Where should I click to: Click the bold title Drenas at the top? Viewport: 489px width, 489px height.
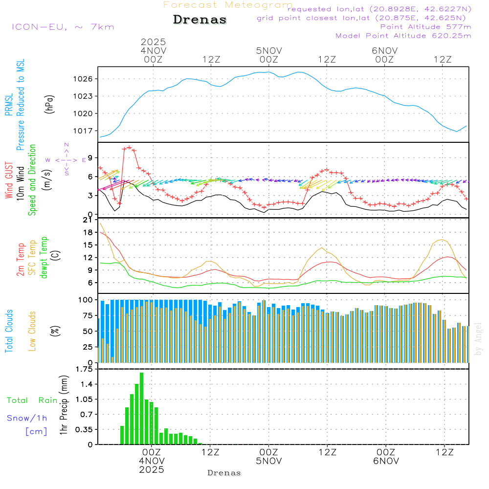tap(200, 20)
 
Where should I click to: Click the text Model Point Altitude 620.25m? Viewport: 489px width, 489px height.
tap(403, 36)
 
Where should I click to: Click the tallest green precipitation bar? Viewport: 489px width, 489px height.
tap(142, 408)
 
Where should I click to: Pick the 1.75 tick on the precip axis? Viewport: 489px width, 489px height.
tap(83, 369)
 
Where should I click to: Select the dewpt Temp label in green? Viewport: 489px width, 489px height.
tap(44, 258)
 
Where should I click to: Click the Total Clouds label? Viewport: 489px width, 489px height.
tap(8, 331)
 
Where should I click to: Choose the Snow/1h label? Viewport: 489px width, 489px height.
tap(27, 418)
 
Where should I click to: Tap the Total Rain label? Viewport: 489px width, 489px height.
tap(32, 400)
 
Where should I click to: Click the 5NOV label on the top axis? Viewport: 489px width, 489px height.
tap(268, 50)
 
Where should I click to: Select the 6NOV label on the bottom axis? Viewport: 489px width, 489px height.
tap(385, 461)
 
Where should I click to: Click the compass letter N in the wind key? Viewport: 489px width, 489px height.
tap(67, 145)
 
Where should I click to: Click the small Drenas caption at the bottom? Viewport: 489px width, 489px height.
tap(224, 473)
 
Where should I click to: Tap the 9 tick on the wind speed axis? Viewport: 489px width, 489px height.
tap(90, 157)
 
